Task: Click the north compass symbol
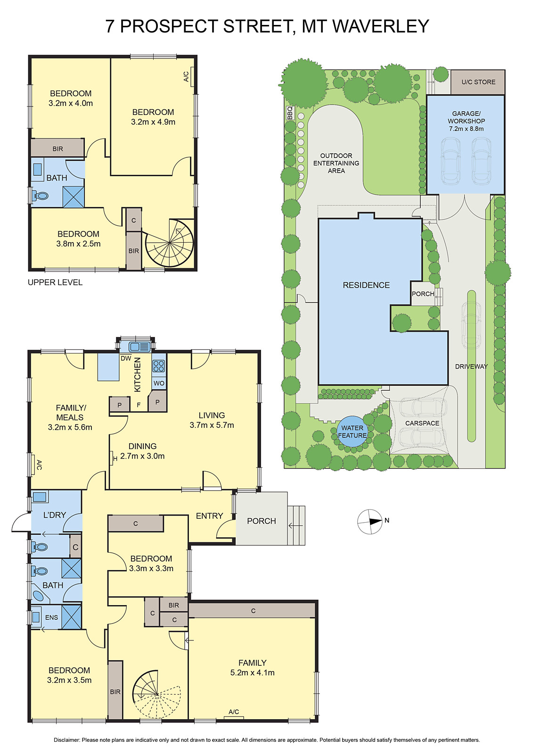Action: coord(370,521)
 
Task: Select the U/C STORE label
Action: coord(478,82)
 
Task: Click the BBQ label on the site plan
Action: coord(290,113)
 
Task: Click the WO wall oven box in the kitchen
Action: coord(159,383)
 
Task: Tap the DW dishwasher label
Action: coord(126,359)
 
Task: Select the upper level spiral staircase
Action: coord(170,243)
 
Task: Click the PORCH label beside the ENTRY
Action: coord(262,521)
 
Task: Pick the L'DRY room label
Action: coord(55,515)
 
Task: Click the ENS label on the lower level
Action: coord(52,617)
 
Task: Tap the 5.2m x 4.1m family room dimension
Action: coord(252,673)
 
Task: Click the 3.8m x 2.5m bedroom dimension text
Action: coord(78,244)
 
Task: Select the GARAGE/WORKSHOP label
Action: coord(466,121)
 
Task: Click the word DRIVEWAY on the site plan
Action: coord(471,367)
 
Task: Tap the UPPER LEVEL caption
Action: coord(55,282)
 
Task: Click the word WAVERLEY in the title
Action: coord(381,26)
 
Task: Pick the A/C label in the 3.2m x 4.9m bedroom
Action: coord(186,76)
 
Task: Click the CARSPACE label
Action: coord(422,423)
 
